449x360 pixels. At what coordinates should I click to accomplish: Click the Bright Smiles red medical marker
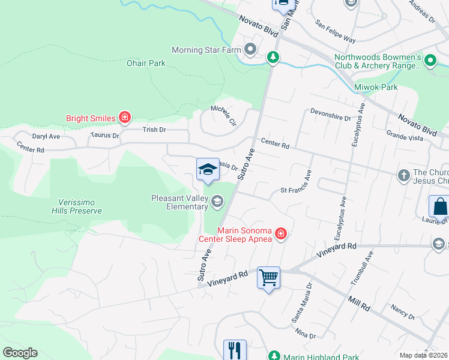pos(124,118)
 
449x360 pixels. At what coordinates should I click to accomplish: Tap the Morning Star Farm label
pos(206,50)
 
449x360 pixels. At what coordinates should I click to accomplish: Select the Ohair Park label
pos(146,63)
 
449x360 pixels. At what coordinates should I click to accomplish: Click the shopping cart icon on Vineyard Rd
pos(268,277)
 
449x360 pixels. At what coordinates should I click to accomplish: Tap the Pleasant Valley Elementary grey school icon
pos(217,202)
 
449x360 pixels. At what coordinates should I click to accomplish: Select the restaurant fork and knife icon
pos(235,349)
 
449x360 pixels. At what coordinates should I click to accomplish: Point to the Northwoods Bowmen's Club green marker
pos(430,61)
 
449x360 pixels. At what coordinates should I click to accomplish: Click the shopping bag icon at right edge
pos(440,206)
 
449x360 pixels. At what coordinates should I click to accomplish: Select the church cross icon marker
pos(404,175)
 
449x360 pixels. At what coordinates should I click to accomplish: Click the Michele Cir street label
pos(223,116)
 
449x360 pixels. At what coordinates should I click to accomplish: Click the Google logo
pos(20,353)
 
